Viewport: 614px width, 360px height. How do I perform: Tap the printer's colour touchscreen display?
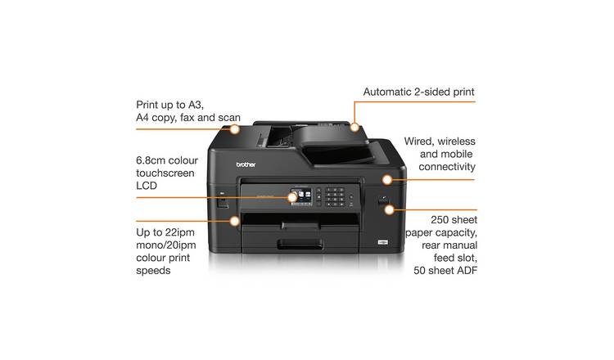tap(301, 197)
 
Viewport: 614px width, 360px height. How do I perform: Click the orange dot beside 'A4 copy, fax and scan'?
tap(235, 128)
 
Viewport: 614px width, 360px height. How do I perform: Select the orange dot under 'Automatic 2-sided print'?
tap(355, 128)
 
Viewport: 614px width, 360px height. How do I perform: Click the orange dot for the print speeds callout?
tap(235, 220)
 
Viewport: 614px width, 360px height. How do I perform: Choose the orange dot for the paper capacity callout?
tap(388, 209)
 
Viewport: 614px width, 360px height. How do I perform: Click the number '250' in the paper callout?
tap(440, 220)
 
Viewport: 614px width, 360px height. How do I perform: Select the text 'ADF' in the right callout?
tap(465, 270)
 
